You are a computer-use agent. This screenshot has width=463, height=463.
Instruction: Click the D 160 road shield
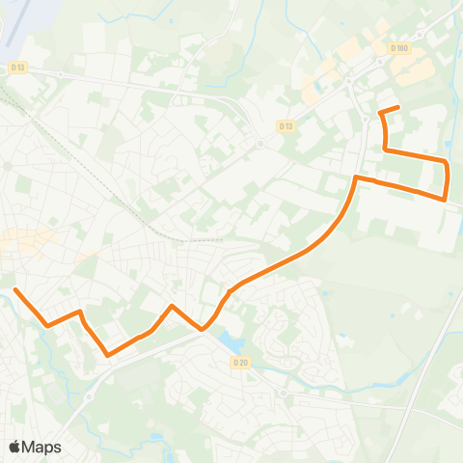click(x=401, y=48)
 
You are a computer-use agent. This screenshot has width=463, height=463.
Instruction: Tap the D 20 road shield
click(x=241, y=362)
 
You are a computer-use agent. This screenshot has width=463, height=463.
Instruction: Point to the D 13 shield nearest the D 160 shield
click(x=286, y=125)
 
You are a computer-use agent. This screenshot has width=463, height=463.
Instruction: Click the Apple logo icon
click(x=15, y=447)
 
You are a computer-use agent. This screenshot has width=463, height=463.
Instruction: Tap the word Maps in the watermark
click(x=41, y=447)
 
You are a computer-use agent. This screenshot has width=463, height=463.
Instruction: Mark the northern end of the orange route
click(x=398, y=107)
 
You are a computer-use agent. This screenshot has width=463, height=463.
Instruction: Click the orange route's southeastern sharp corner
click(x=444, y=200)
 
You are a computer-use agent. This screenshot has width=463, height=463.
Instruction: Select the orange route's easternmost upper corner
click(x=447, y=161)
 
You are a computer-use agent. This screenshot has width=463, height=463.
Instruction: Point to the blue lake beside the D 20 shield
click(x=231, y=341)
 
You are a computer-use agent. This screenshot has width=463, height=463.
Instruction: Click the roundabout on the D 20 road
click(x=281, y=393)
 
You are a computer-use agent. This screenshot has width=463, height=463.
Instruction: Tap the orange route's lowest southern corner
click(x=107, y=354)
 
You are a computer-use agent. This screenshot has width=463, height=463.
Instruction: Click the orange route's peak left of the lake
click(x=172, y=307)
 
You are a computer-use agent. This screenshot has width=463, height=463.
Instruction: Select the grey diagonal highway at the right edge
click(x=424, y=357)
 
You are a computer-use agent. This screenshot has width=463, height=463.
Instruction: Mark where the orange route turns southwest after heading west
click(x=357, y=178)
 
